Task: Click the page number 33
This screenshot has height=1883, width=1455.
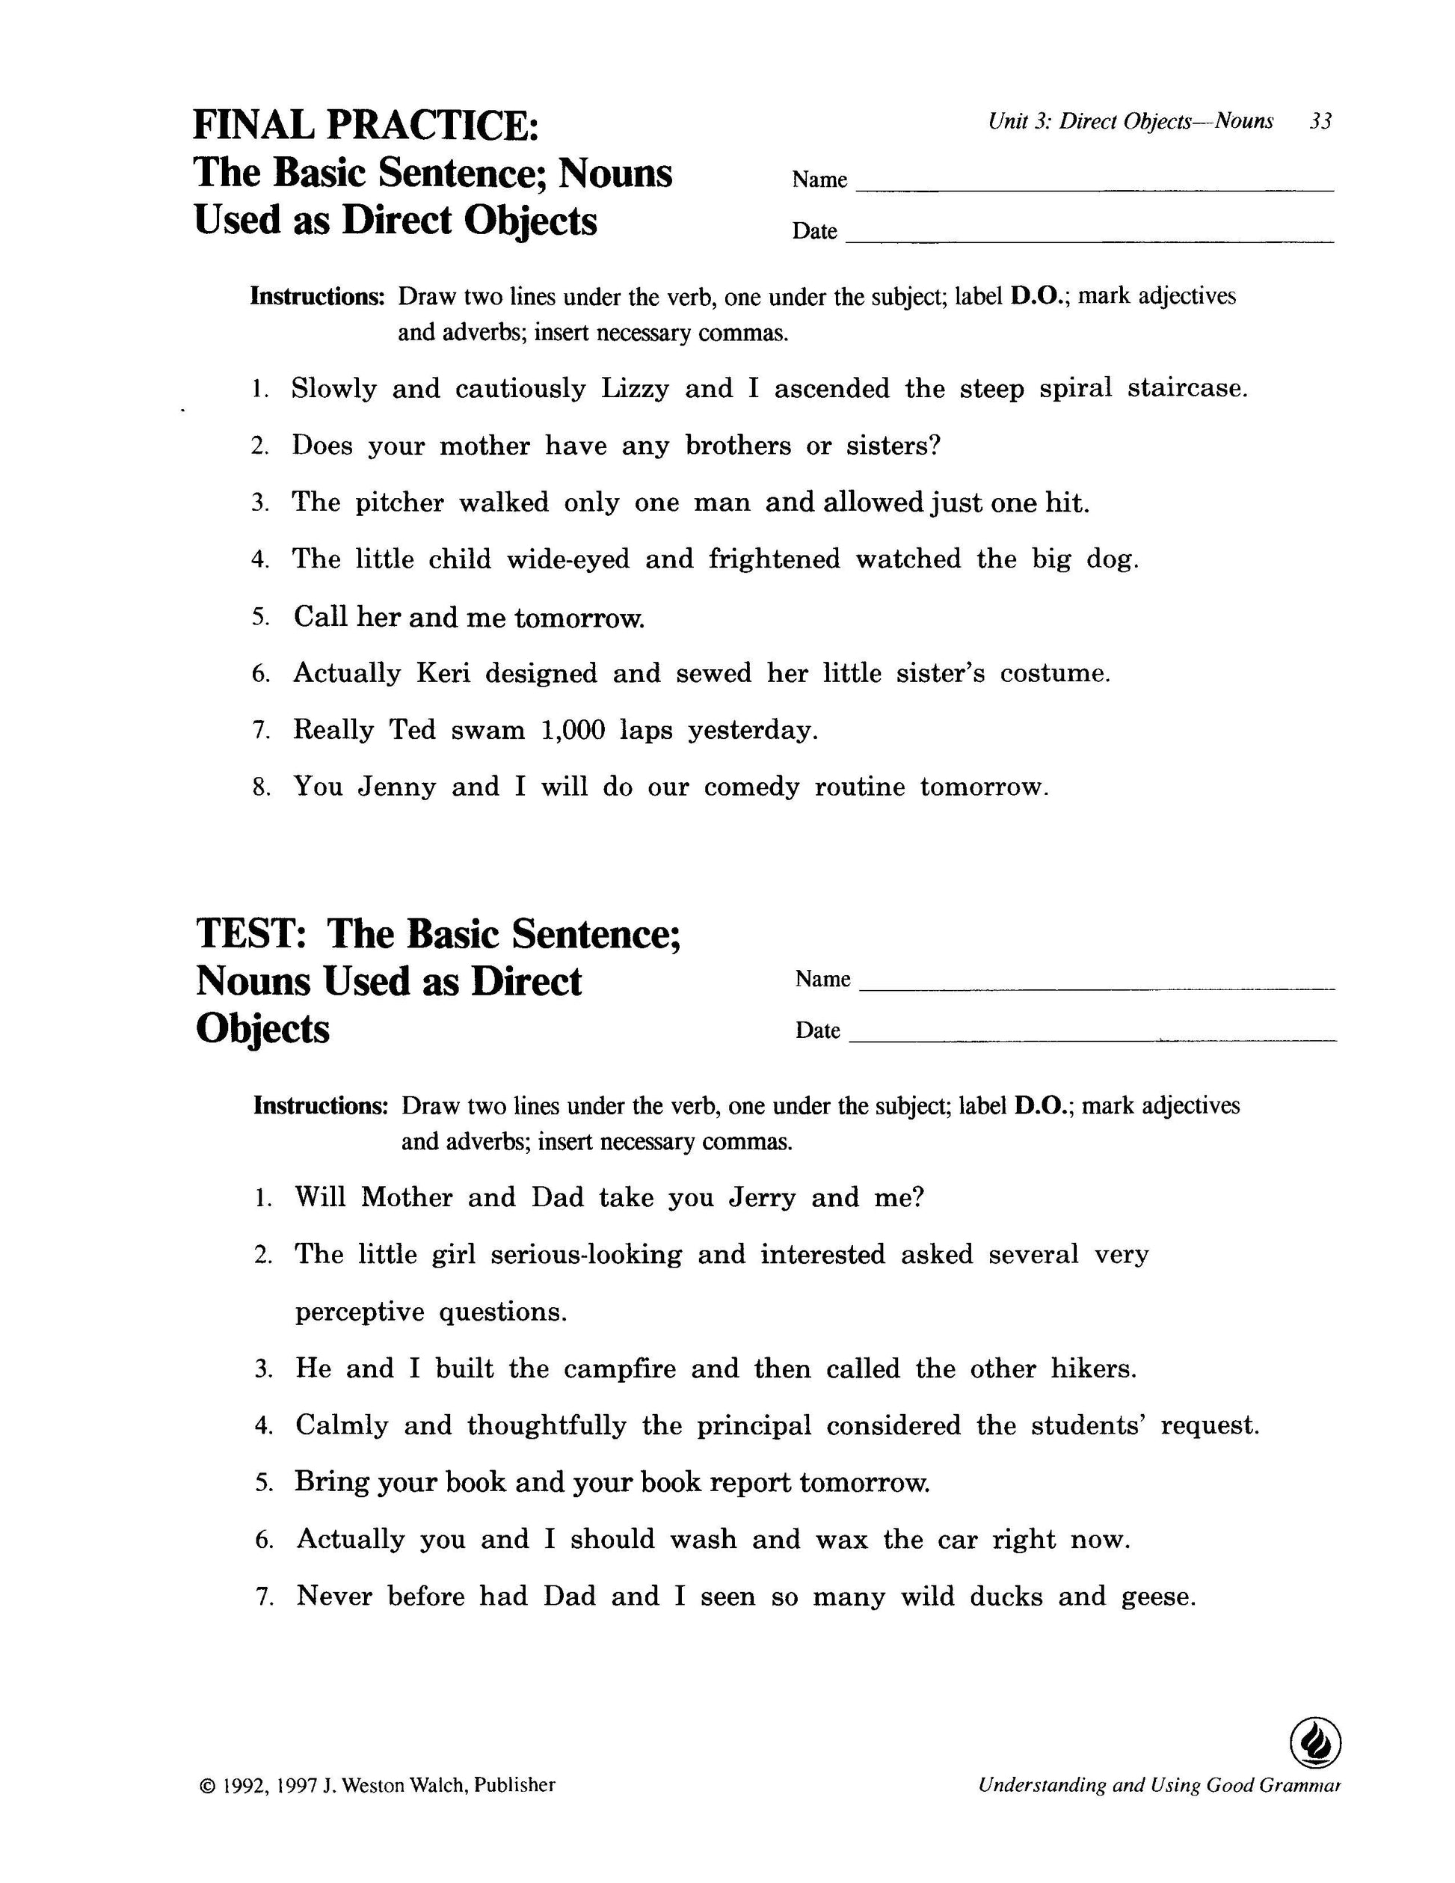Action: [x=1320, y=122]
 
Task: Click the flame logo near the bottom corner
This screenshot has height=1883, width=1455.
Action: [x=1314, y=1743]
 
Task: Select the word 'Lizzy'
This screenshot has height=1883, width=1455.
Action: [x=634, y=389]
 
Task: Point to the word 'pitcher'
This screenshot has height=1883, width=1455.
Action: [x=399, y=503]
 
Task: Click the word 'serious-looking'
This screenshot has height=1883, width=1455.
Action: [x=586, y=1256]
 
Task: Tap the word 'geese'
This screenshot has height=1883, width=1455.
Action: [x=1157, y=1597]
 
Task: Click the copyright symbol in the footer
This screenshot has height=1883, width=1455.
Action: [x=207, y=1786]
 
